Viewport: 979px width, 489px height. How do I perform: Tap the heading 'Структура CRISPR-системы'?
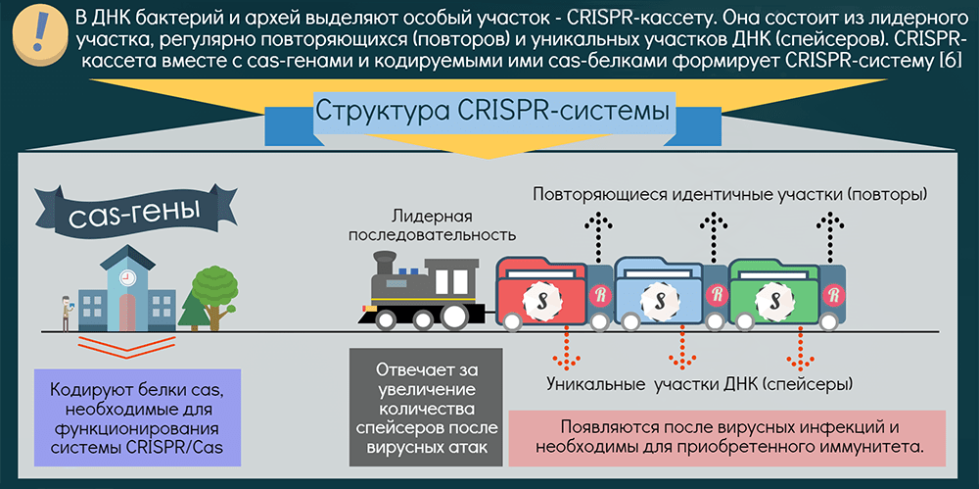tap(491, 110)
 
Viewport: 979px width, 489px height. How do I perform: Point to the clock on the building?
tap(126, 278)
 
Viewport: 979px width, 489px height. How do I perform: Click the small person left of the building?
tap(66, 312)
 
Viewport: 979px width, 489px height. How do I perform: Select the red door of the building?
tap(126, 314)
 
